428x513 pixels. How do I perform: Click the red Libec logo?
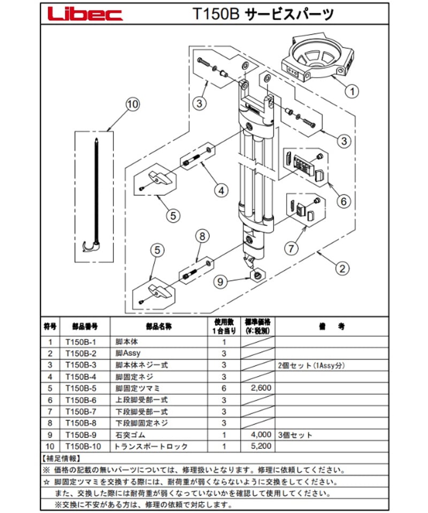point(85,14)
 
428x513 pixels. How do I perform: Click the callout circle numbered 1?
point(350,91)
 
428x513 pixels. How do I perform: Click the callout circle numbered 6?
point(343,201)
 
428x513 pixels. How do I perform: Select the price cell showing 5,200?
point(259,445)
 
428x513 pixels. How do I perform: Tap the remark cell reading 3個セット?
point(295,434)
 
